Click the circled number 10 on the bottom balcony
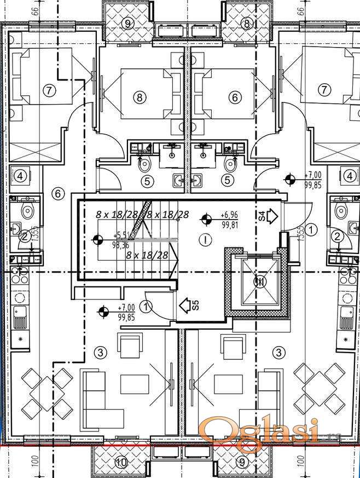(x=121, y=463)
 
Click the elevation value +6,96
(x=229, y=215)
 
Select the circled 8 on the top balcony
(x=246, y=24)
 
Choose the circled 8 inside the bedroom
(x=141, y=97)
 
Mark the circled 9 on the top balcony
(x=128, y=24)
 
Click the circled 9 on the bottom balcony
(x=241, y=463)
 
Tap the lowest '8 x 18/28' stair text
(x=147, y=255)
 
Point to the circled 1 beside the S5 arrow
(x=146, y=306)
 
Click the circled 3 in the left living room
(x=100, y=352)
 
